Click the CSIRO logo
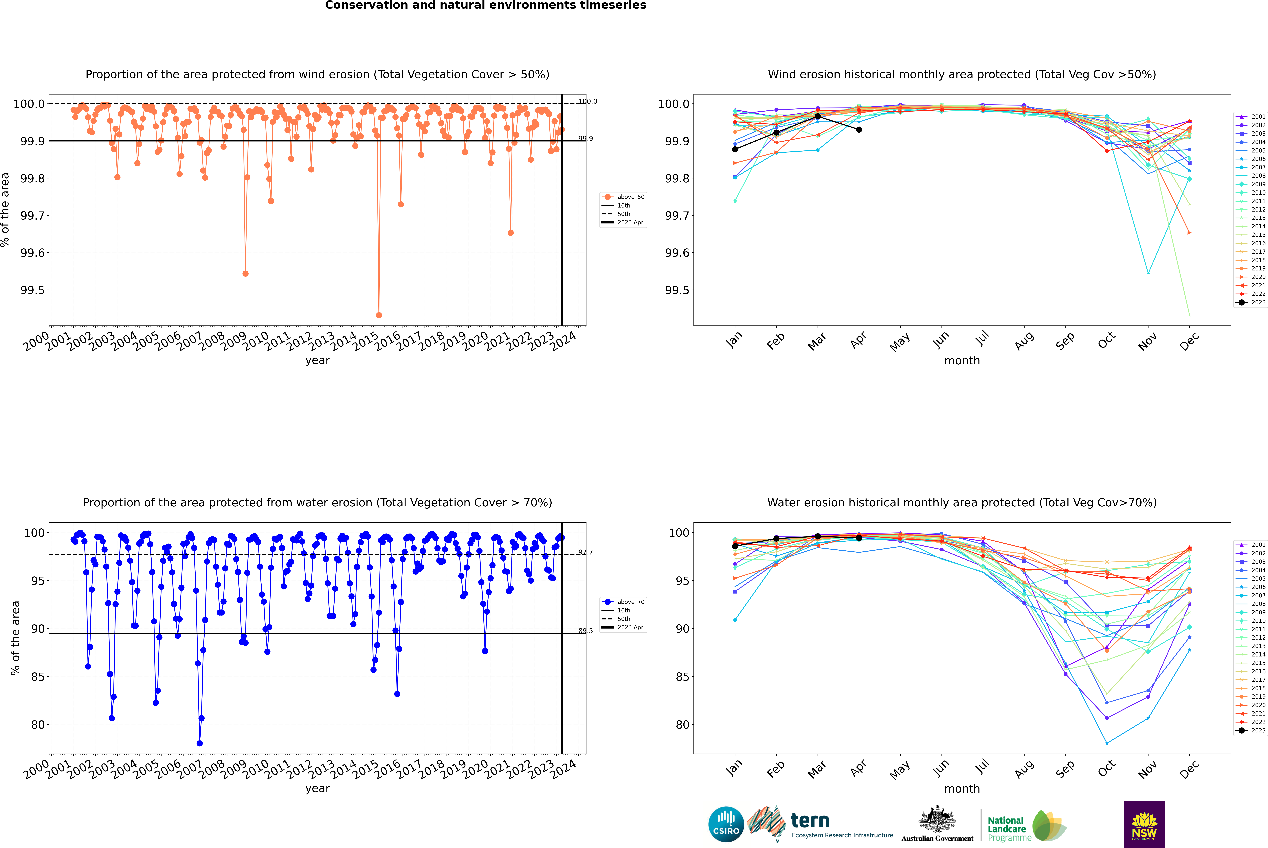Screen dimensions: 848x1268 click(726, 824)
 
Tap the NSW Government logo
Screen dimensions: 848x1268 click(1144, 824)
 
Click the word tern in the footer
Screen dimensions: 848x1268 click(810, 820)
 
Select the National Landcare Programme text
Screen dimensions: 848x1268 click(1006, 829)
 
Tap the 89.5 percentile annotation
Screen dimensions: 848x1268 click(585, 631)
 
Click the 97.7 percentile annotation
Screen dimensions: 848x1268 click(585, 552)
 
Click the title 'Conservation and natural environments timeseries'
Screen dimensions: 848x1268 click(485, 5)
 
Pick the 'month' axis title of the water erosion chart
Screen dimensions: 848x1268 click(961, 789)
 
